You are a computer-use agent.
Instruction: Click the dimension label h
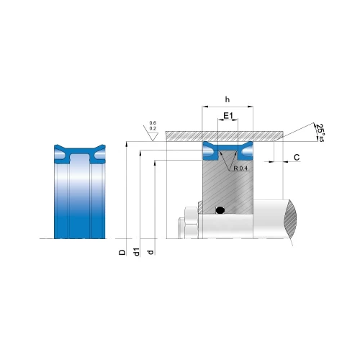pyautogui.click(x=228, y=99)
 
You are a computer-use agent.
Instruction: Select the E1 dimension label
pyautogui.click(x=228, y=116)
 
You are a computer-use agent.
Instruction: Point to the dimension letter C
pyautogui.click(x=297, y=158)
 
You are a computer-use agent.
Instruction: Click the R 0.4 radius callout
pyautogui.click(x=240, y=168)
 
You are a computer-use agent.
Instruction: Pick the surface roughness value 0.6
pyautogui.click(x=153, y=123)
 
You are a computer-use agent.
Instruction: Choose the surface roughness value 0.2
pyautogui.click(x=153, y=128)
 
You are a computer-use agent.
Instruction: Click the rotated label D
pyautogui.click(x=122, y=252)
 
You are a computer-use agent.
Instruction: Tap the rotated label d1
pyautogui.click(x=137, y=252)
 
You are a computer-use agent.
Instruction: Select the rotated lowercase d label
pyautogui.click(x=150, y=252)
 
